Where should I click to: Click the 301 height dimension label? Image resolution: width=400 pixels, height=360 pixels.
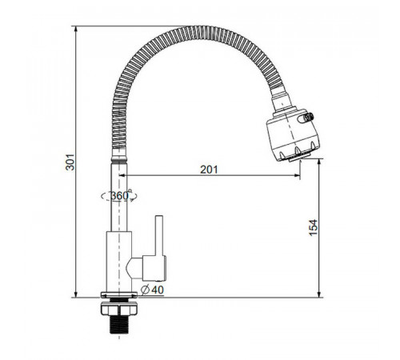(70, 162)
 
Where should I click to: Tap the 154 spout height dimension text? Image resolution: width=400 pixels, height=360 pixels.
(314, 227)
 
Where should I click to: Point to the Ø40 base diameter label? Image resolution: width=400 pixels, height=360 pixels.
(152, 290)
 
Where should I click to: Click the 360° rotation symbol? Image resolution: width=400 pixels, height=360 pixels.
(119, 196)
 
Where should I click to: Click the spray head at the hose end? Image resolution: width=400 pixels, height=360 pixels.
(293, 134)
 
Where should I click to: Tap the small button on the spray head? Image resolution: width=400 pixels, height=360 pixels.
(306, 118)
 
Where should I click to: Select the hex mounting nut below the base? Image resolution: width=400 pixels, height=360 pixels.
(119, 309)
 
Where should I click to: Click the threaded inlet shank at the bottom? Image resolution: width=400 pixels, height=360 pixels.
(119, 325)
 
